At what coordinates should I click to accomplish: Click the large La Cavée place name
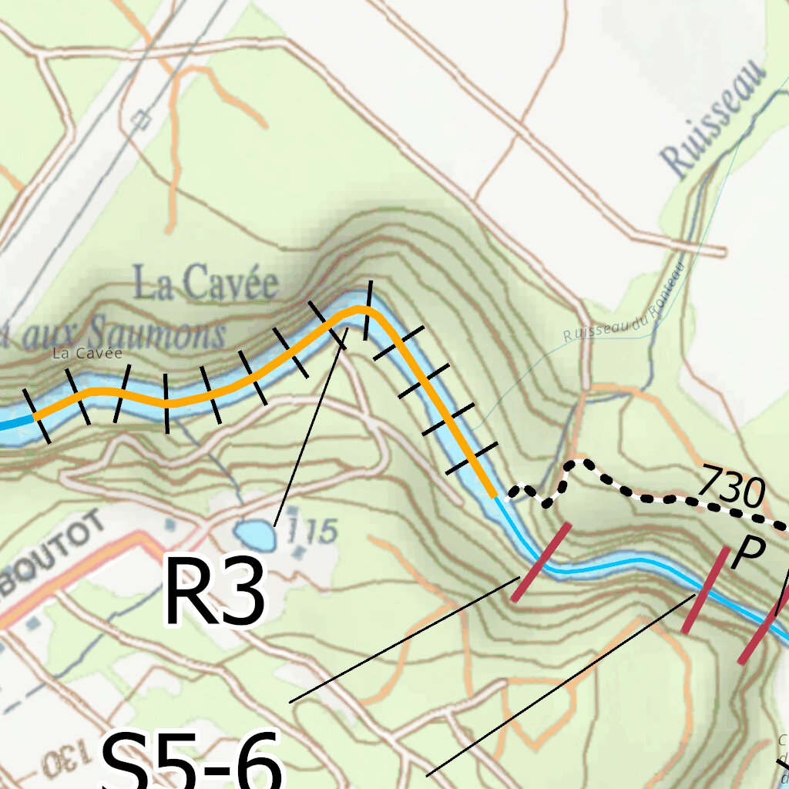206,284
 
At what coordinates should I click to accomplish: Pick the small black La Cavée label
87,353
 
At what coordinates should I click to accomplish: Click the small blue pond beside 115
255,535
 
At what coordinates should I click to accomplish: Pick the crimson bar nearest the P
705,589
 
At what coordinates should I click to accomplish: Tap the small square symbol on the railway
140,119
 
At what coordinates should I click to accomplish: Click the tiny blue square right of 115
298,552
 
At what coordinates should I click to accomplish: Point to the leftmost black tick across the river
37,416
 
